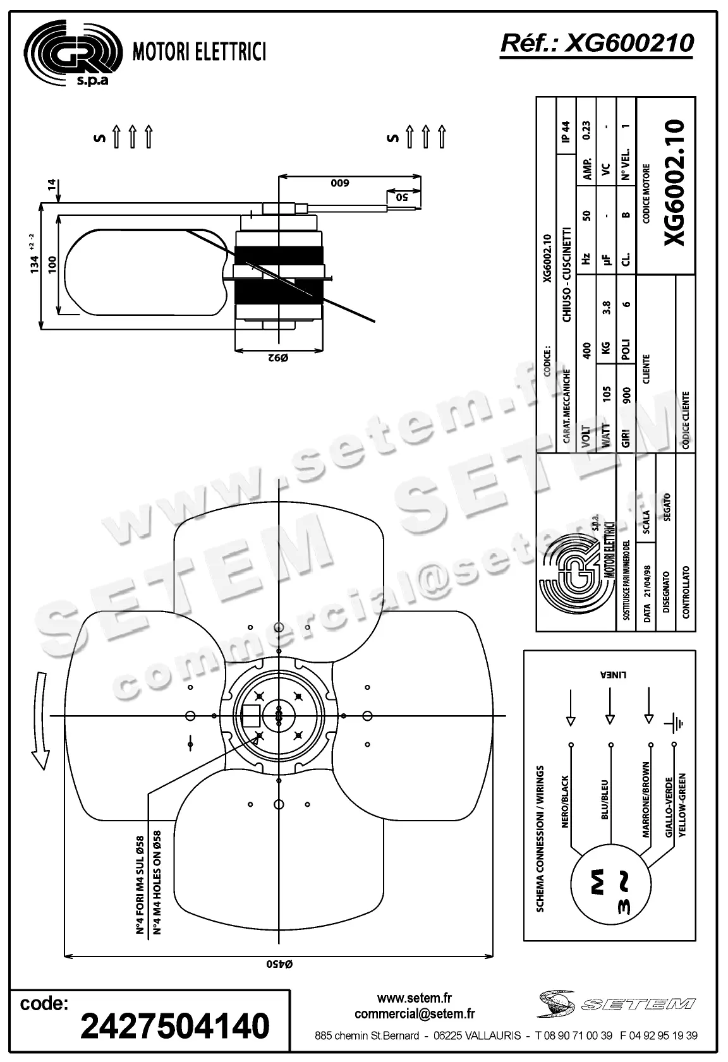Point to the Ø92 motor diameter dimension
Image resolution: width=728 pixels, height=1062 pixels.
pos(278,358)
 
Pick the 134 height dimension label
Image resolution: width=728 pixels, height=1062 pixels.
pos(35,263)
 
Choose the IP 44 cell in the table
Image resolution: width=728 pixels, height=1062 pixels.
pos(565,132)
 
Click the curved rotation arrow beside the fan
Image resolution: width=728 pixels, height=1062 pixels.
pos(40,720)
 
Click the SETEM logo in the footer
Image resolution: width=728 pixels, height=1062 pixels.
pos(616,1004)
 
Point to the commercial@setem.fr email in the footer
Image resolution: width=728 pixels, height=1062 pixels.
pos(415,1013)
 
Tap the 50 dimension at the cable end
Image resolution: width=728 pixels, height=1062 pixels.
pos(403,196)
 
